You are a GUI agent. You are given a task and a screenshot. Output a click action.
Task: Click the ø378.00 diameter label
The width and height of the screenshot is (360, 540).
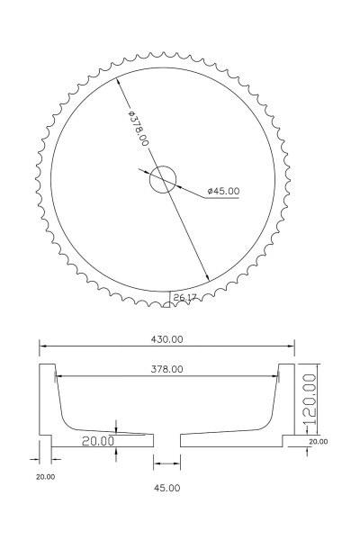[x=138, y=128]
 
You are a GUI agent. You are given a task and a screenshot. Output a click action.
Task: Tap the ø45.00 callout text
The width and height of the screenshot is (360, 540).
[x=223, y=191]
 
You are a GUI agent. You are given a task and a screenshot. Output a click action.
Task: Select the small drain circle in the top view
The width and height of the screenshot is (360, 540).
[x=163, y=179]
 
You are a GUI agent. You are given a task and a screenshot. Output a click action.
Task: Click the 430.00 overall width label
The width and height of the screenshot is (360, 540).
[x=167, y=339]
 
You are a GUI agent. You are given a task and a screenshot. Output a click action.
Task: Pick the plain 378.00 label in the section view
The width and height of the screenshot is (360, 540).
[x=167, y=369]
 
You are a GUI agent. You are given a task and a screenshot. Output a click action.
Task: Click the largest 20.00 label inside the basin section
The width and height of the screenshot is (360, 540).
[x=98, y=441]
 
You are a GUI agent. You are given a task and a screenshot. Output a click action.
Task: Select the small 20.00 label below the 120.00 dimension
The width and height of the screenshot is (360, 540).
[x=319, y=442]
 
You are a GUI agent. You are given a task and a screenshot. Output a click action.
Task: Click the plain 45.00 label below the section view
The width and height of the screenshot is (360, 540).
[x=166, y=488]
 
